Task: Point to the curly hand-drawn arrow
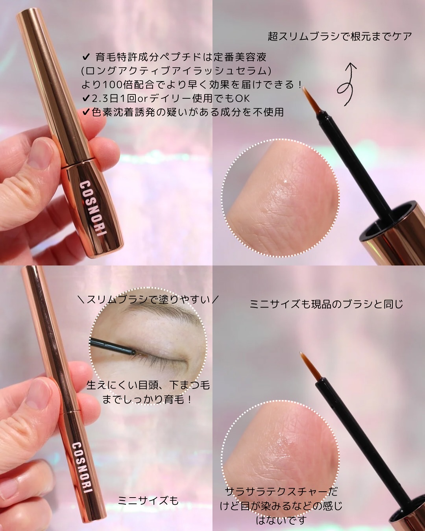[347, 83]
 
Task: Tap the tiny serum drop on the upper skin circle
[286, 182]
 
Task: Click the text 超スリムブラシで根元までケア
[340, 37]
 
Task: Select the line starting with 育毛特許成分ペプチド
[175, 57]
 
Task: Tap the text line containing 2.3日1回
[166, 98]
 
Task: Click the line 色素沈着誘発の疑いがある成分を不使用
[183, 112]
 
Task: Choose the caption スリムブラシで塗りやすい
[148, 300]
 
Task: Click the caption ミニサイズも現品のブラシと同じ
[326, 304]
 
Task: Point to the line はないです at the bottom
[281, 520]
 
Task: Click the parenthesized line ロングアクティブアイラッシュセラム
[176, 71]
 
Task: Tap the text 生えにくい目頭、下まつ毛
[148, 385]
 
